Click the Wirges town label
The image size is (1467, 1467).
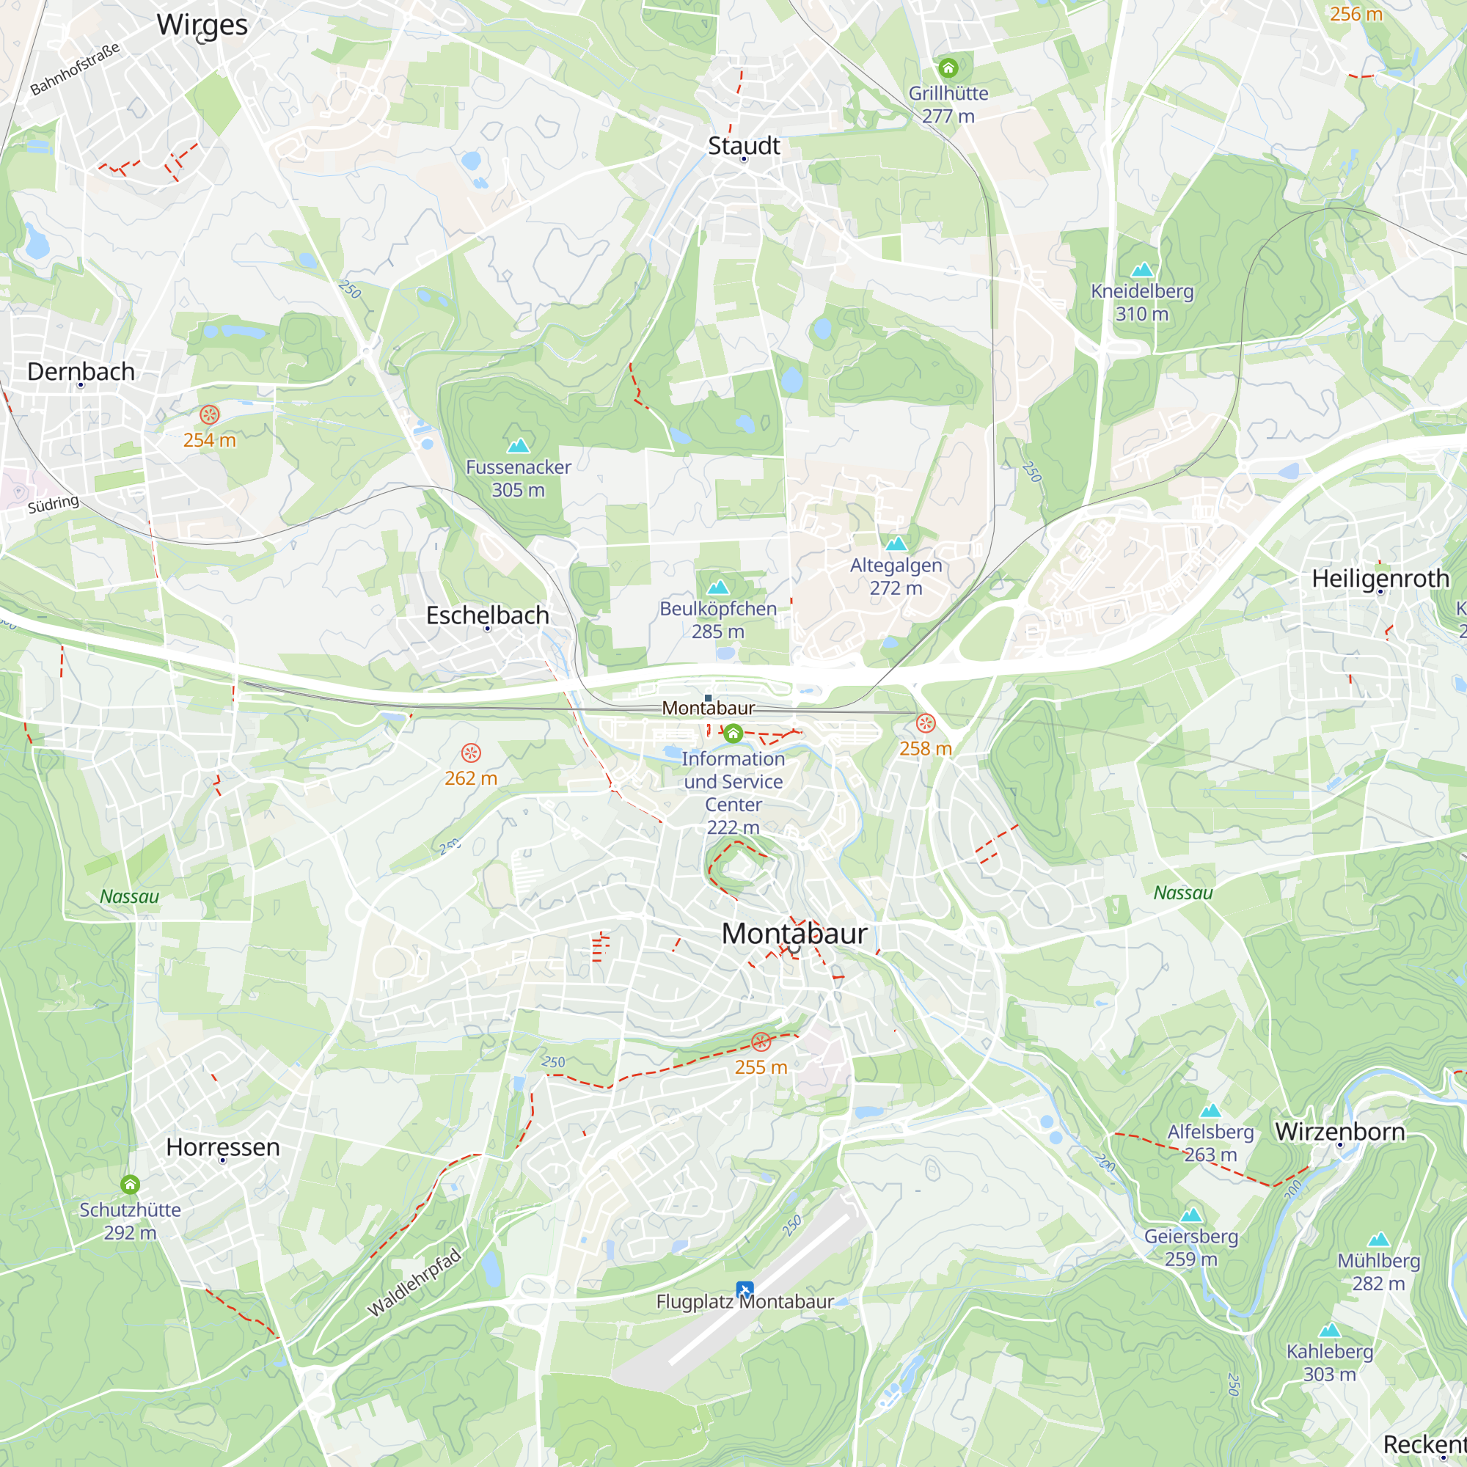pos(202,25)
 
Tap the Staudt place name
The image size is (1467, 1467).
pos(743,145)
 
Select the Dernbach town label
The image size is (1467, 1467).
pos(81,371)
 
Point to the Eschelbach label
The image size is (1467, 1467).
pos(488,615)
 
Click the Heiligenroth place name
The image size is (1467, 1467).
pos(1380,578)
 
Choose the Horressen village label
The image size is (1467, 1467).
pos(222,1146)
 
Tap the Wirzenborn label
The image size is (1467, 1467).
pos(1339,1131)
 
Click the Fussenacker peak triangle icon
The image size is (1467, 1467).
pos(519,445)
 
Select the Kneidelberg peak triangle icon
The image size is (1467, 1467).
pos(1142,269)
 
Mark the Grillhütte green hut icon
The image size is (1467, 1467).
pos(948,68)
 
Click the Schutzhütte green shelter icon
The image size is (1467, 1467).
pos(130,1185)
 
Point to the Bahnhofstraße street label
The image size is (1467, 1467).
pos(74,69)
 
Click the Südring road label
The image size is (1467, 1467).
pos(53,504)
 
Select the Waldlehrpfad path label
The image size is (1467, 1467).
pos(414,1282)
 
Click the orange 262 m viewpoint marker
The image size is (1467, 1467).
pos(471,753)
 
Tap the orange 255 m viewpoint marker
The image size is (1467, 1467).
pos(761,1042)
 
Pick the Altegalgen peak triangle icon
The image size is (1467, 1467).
pos(896,543)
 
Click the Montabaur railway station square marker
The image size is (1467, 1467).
pos(708,698)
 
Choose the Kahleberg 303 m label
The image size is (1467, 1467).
pos(1330,1363)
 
